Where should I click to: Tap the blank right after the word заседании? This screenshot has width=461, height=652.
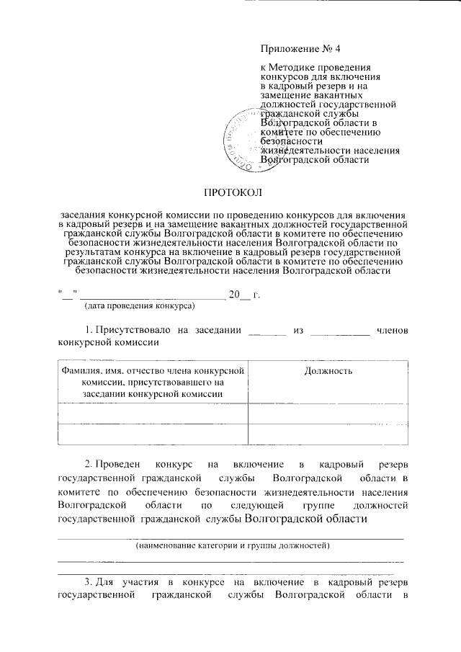[267, 330]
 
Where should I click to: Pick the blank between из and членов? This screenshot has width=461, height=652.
[340, 330]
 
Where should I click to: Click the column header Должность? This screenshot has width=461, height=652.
[328, 371]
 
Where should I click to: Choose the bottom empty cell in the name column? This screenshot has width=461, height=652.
[152, 435]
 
